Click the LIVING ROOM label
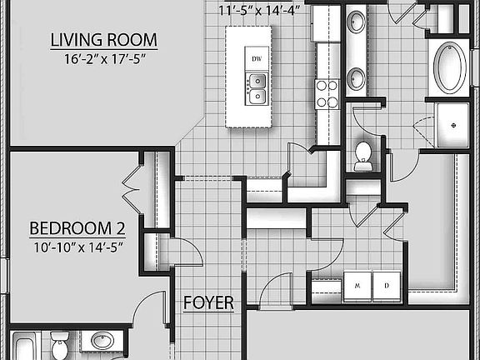click(103, 40)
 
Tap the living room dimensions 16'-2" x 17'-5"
click(103, 59)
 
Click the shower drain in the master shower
click(453, 122)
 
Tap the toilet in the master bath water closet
click(363, 155)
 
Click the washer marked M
click(357, 284)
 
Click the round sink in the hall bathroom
click(102, 342)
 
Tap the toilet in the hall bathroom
click(59, 343)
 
